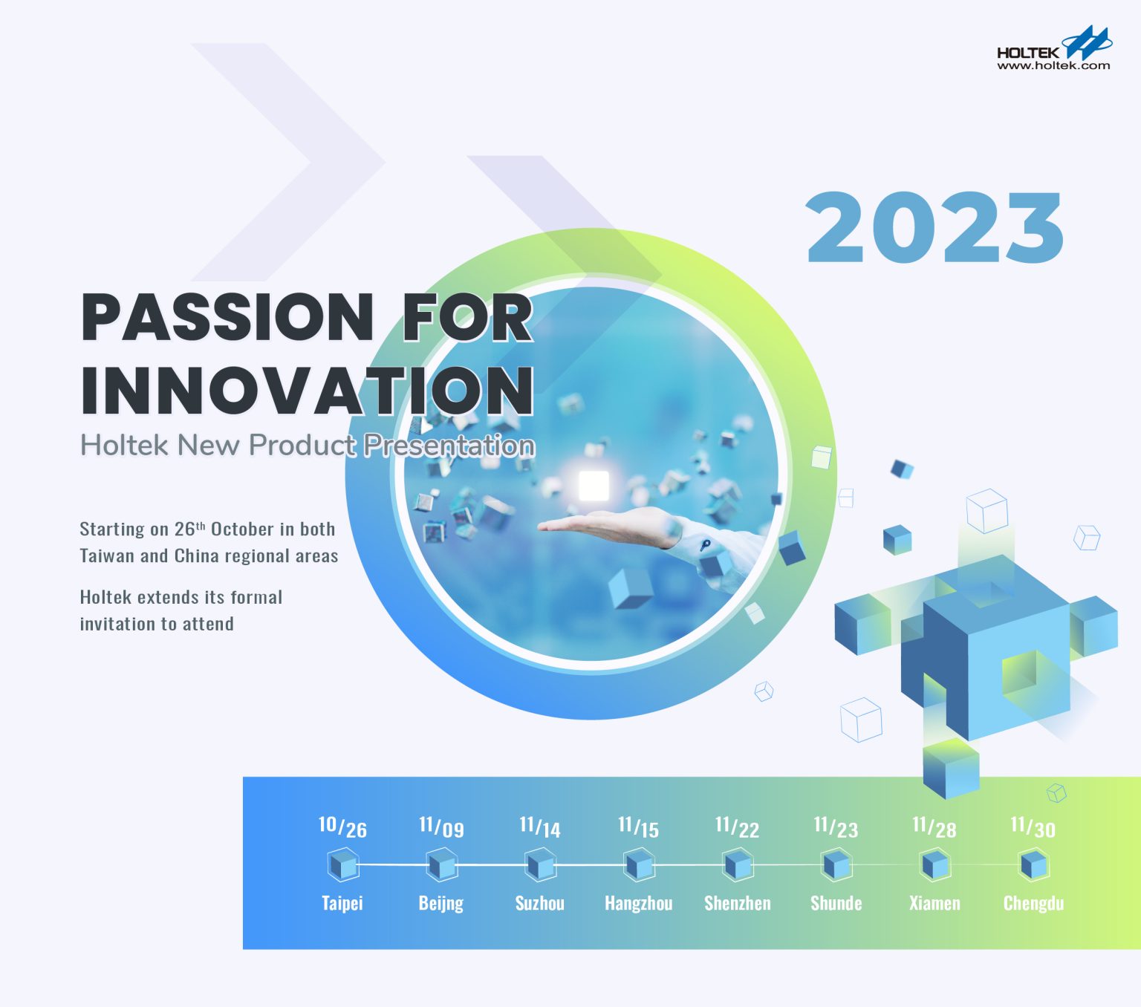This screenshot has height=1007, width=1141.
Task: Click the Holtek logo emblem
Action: (x=1086, y=43)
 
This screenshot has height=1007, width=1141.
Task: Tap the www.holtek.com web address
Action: (x=1053, y=66)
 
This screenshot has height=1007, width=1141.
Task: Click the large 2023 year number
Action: (x=935, y=227)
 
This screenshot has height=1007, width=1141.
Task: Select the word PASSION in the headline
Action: (x=227, y=317)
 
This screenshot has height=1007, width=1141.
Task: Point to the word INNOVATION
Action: (x=308, y=391)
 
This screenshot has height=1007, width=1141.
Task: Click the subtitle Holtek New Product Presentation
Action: (x=308, y=445)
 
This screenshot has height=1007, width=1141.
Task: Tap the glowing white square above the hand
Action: (x=594, y=486)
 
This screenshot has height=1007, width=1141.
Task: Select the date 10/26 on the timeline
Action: (x=342, y=827)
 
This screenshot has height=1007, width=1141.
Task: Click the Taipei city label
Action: (x=342, y=903)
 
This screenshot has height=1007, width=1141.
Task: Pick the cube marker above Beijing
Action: (x=441, y=865)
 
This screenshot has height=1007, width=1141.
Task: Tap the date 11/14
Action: (x=540, y=827)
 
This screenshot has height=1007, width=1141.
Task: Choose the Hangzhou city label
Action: (x=639, y=903)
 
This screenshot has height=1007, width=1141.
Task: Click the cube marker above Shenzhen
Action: (x=738, y=865)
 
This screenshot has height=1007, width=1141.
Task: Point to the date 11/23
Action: (x=836, y=827)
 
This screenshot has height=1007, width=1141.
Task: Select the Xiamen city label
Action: (x=935, y=903)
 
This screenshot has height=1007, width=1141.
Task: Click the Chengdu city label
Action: (x=1033, y=903)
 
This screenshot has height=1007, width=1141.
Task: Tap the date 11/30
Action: (x=1033, y=827)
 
